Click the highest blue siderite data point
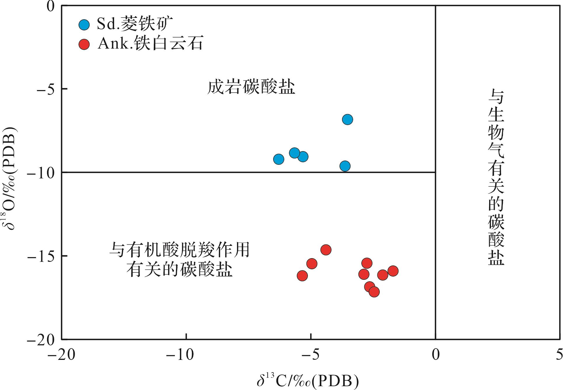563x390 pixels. (x=347, y=120)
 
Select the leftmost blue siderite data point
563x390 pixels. (x=279, y=159)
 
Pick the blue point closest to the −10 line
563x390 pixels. (x=345, y=166)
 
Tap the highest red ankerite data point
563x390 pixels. (x=326, y=250)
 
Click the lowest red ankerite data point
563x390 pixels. (x=374, y=292)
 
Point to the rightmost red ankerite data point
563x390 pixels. (x=393, y=271)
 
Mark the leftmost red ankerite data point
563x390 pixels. (x=302, y=276)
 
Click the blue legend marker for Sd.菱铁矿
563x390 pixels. (x=84, y=25)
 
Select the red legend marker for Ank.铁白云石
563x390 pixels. (x=84, y=44)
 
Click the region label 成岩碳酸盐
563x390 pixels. (x=251, y=87)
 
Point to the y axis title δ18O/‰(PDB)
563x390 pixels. (x=11, y=178)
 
